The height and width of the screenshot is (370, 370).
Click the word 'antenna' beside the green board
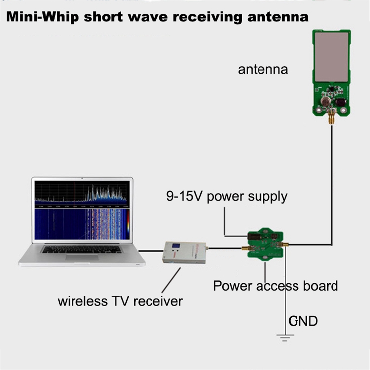pos(262,69)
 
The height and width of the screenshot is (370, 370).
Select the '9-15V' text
pos(185,196)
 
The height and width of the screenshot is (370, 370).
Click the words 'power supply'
pos(247,197)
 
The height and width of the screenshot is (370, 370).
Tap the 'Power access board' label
pos(275,285)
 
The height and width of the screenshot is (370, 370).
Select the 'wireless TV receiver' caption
pos(120,301)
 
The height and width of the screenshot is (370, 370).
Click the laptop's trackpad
pos(81,257)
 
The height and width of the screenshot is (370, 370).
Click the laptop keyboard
pos(81,249)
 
